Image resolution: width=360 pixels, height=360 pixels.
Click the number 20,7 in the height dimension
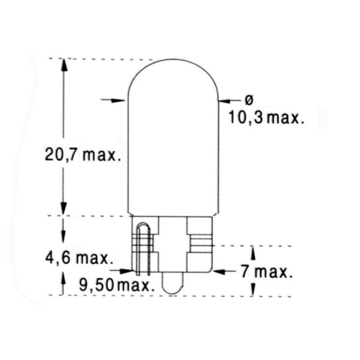[60, 155]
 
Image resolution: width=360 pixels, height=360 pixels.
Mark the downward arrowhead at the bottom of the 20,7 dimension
[63, 208]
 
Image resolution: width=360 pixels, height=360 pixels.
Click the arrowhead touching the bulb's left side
[121, 100]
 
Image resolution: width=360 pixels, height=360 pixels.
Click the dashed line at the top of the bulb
[103, 59]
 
